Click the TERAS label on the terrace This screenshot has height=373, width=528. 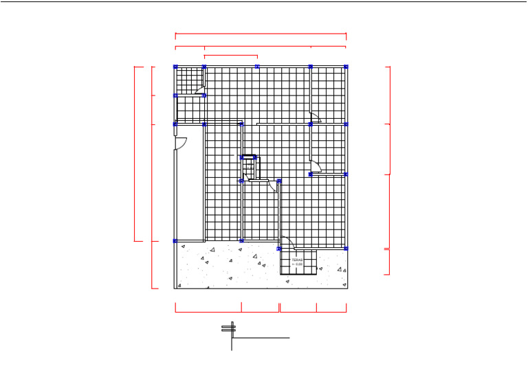pos(297,260)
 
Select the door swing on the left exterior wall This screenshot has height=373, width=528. pos(181,143)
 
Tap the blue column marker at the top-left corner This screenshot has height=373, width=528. pos(175,67)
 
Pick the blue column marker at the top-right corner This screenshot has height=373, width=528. pos(346,67)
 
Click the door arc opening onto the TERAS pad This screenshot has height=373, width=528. pos(288,242)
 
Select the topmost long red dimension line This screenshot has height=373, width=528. pos(261,34)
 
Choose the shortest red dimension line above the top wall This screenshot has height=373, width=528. pos(231,56)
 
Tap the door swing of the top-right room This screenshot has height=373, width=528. pos(315,117)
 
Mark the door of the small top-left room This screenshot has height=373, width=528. pos(199,90)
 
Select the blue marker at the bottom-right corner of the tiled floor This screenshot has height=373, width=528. pos(346,248)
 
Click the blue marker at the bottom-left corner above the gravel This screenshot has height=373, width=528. pos(175,240)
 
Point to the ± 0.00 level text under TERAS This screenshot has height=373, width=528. pos(297,264)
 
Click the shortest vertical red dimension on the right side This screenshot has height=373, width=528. pos(389,261)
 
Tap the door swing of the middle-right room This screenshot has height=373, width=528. pos(315,166)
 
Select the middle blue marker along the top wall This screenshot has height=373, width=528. pos(257,67)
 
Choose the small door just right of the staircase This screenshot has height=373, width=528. pos(273,185)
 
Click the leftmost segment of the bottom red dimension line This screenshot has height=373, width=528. pos(208,312)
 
